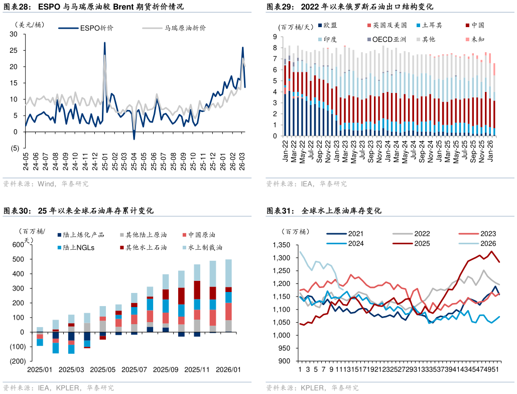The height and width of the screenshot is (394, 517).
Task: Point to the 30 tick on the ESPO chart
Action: point(14,34)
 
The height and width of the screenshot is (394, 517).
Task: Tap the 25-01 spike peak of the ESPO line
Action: point(104,43)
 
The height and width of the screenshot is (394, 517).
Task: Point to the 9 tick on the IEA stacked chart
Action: point(275,37)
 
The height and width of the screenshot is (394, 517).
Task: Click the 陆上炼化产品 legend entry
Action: point(84,235)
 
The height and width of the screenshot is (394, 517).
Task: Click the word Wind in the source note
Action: point(46,184)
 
